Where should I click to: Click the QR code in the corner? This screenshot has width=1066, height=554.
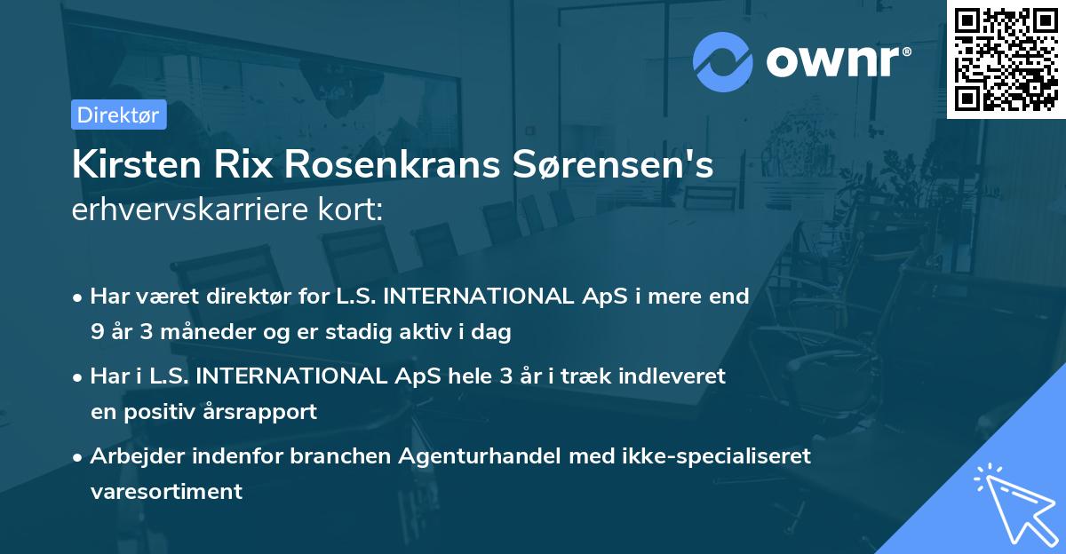1006,59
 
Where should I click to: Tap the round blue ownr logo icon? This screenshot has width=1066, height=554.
723,61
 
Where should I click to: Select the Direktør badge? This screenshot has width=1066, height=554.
118,115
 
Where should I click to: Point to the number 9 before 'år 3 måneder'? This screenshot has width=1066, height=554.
97,333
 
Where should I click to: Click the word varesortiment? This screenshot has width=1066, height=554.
166,491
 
